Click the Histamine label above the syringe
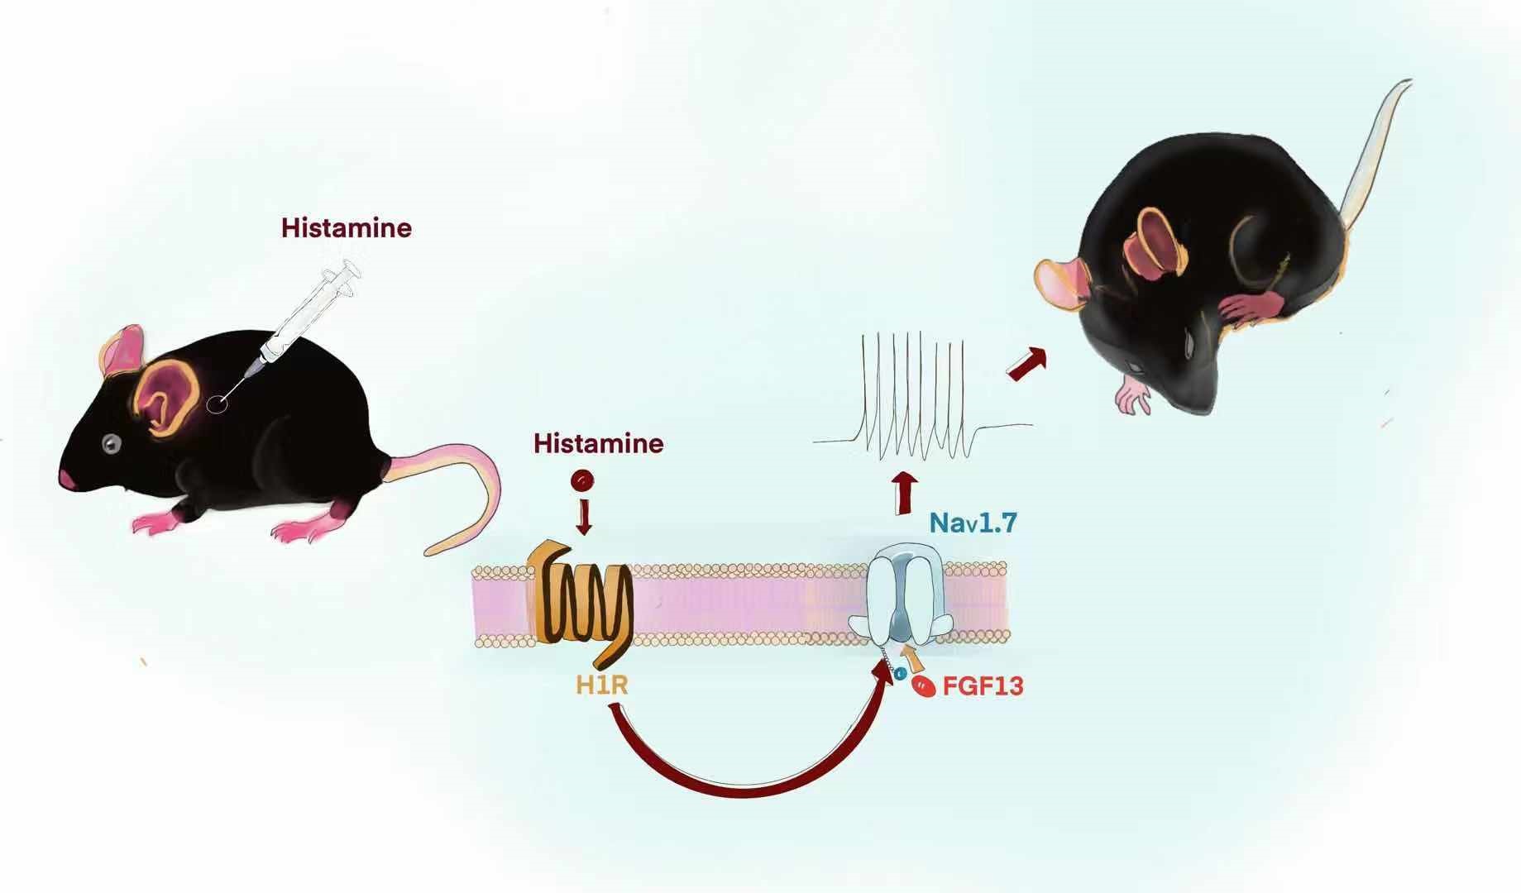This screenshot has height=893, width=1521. (346, 227)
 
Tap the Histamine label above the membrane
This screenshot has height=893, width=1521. (598, 443)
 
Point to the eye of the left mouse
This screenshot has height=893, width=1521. (111, 444)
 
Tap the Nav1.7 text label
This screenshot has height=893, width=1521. (973, 523)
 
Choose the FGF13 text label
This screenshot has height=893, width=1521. (983, 686)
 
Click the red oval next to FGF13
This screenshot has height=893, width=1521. (923, 685)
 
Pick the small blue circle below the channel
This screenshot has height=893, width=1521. (899, 674)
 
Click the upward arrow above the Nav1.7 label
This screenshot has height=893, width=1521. (906, 492)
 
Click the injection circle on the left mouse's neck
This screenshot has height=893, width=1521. (218, 404)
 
